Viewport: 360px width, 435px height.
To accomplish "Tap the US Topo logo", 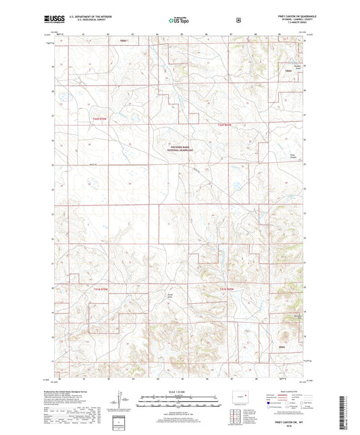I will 179,20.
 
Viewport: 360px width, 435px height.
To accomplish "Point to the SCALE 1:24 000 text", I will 179,394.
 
